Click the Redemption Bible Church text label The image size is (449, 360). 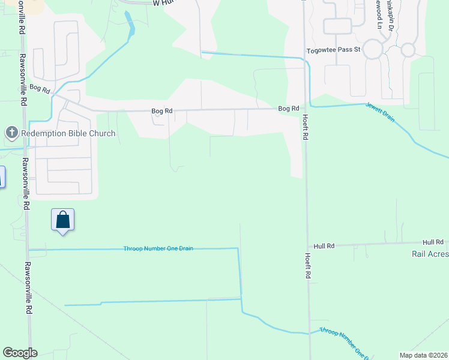(x=67, y=133)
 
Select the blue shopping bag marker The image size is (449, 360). (x=63, y=220)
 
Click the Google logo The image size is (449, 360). (x=20, y=353)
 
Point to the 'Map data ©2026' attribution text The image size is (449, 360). (x=423, y=355)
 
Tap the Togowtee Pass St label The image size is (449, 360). (x=333, y=50)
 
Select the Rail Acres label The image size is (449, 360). (x=430, y=254)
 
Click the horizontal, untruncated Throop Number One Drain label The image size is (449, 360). (x=158, y=248)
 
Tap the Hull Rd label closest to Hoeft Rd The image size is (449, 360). (x=324, y=246)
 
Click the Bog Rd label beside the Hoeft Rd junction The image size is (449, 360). (x=288, y=109)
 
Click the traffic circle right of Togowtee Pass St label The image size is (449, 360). (x=372, y=49)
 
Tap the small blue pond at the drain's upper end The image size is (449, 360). (x=129, y=23)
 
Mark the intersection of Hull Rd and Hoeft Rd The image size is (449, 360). (x=308, y=246)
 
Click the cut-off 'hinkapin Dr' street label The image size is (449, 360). (x=390, y=14)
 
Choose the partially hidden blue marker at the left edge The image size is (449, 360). (x=2, y=176)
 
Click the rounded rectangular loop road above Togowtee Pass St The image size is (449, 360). (x=337, y=26)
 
